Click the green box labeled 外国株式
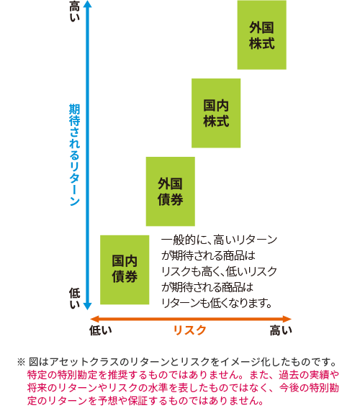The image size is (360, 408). [261, 35]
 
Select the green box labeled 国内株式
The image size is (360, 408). [216, 113]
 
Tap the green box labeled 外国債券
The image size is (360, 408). [170, 191]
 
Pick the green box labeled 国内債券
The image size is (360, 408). [125, 270]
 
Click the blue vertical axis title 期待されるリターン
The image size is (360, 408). [74, 155]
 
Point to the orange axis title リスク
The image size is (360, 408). [190, 330]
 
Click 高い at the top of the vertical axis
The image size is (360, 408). [74, 12]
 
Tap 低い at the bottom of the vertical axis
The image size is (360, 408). [74, 299]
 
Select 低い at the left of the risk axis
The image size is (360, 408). [101, 330]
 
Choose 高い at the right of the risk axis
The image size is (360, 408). [281, 330]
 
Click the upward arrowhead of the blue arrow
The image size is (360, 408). [88, 4]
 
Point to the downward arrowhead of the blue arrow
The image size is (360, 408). [88, 307]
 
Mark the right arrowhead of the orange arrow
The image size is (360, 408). [287, 319]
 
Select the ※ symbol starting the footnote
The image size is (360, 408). [21, 362]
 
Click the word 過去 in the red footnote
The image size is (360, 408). [288, 375]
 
